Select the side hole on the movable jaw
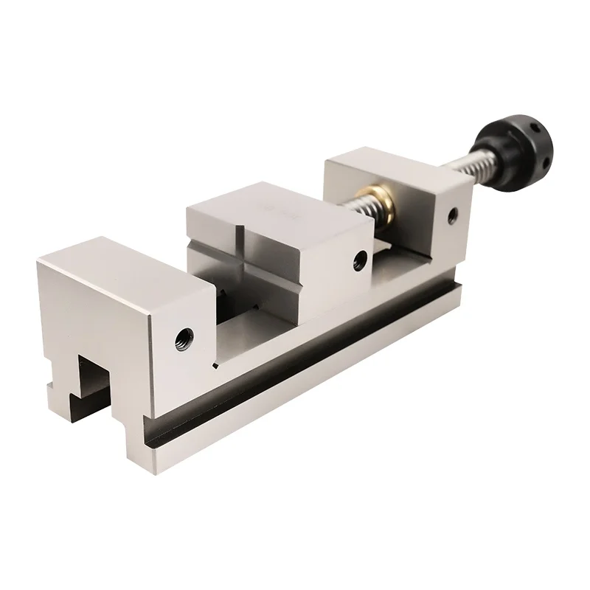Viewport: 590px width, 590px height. pos(360,258)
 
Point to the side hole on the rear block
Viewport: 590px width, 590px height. pos(452,215)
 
